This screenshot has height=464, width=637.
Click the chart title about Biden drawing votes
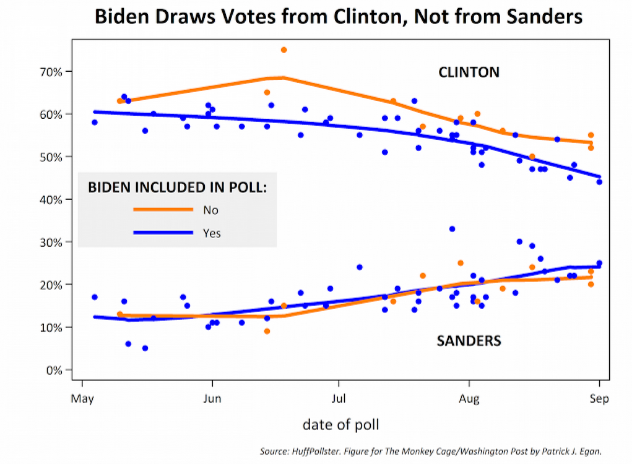point(339,16)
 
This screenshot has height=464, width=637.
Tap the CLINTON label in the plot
point(469,72)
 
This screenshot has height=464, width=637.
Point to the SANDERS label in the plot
point(469,341)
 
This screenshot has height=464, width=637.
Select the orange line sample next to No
point(163,210)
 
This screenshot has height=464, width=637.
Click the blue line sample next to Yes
point(163,233)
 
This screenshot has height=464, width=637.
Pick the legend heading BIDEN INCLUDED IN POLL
point(178,186)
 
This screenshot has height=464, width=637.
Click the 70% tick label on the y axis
point(51,72)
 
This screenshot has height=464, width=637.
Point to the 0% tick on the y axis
point(54,370)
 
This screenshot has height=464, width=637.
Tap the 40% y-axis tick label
point(51,200)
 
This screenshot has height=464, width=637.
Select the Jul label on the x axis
point(338,399)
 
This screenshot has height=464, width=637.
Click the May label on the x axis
point(82,399)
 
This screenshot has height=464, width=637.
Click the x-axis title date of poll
point(340,424)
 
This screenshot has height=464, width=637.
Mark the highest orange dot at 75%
point(284,49)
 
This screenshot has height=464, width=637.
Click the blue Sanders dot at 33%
point(452,229)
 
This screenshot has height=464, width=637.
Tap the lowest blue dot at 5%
point(145,348)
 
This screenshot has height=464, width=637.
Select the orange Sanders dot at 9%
point(267,331)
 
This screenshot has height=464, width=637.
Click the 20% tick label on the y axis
point(51,285)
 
